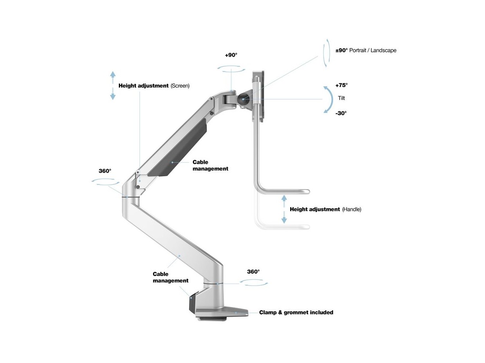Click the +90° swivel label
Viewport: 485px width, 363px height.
click(231, 55)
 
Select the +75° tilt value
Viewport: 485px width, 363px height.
click(342, 85)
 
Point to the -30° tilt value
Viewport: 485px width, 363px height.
click(341, 113)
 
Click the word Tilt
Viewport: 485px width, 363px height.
click(342, 98)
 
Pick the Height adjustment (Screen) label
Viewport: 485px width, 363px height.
click(154, 86)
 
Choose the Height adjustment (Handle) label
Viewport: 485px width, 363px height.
click(325, 210)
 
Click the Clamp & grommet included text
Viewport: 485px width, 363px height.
click(296, 312)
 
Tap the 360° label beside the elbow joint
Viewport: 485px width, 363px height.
click(105, 171)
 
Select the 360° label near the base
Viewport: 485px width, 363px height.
click(253, 272)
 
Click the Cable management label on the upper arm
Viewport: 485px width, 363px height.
click(210, 165)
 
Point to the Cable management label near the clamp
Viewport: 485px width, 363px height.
click(170, 277)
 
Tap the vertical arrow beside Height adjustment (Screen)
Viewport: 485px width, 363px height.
click(113, 86)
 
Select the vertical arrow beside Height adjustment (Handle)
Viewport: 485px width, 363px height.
click(284, 209)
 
